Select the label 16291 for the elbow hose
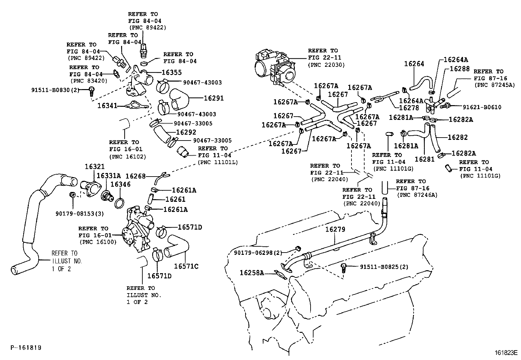click(x=214, y=98)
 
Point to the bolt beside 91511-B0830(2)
click(x=92, y=90)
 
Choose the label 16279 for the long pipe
click(x=335, y=229)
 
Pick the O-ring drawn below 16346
click(x=120, y=203)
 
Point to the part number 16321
click(x=95, y=166)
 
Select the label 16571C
click(x=186, y=266)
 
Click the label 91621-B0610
click(x=482, y=107)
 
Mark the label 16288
click(x=459, y=69)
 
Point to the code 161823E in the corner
click(x=506, y=353)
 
